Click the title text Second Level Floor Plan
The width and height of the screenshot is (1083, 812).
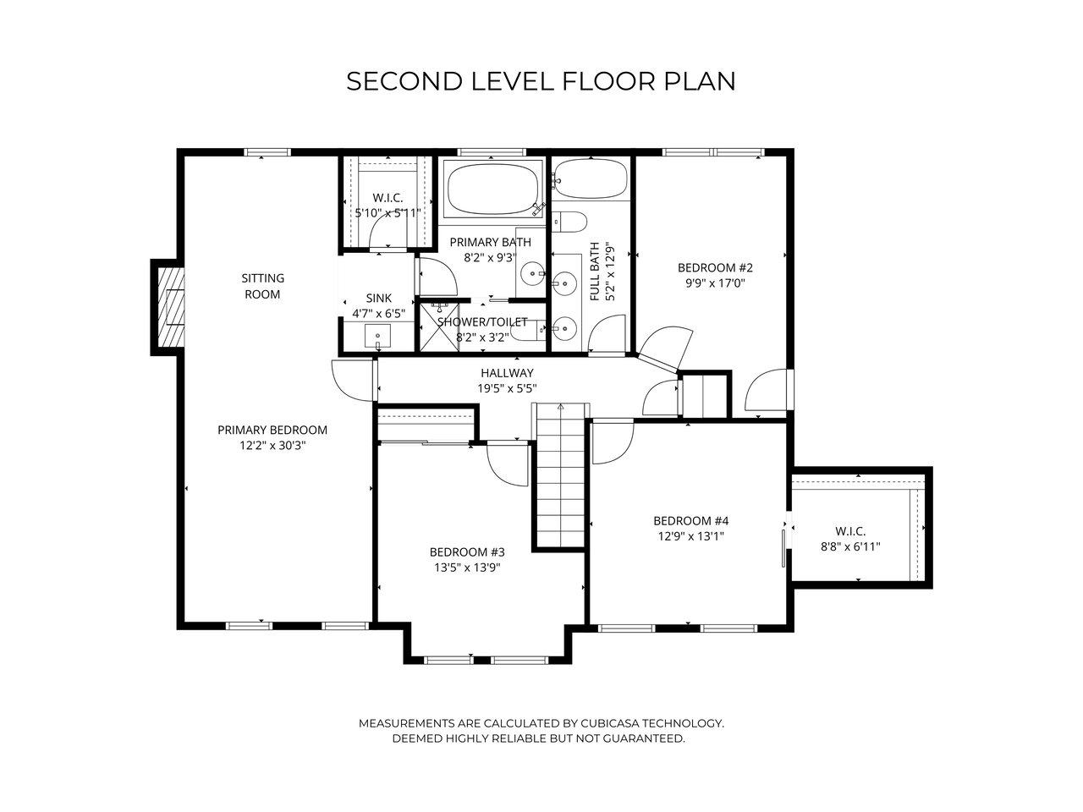point(541,81)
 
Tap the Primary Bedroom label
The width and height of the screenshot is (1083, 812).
point(272,430)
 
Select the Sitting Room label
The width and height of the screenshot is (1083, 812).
point(262,286)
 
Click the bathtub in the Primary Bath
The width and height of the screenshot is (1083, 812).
point(492,189)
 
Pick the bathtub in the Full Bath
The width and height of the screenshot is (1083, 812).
point(591,179)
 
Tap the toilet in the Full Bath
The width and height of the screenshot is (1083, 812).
point(569,222)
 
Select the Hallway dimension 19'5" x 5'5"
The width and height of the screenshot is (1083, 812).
point(507,388)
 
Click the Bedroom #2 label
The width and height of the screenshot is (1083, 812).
point(715,268)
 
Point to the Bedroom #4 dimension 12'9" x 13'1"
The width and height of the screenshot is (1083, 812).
point(690,536)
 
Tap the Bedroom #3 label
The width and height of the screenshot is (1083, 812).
point(467,551)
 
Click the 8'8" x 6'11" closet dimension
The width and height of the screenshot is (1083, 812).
point(850,546)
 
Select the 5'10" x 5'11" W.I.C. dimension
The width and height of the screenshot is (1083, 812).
point(388,213)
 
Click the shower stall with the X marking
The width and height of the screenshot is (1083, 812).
point(439,327)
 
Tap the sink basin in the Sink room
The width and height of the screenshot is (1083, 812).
point(377,336)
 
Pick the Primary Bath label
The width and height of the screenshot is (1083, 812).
point(490,242)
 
